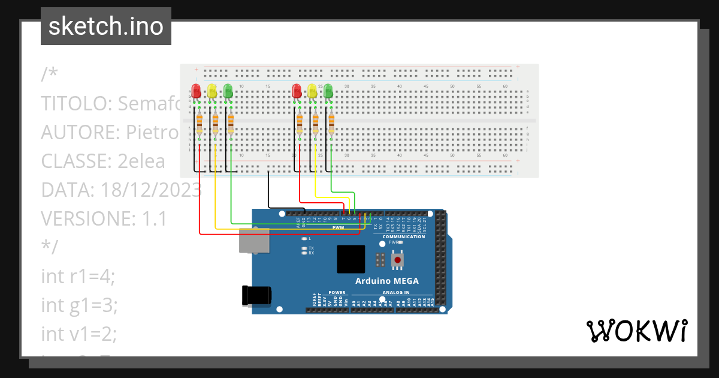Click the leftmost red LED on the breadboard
(x=196, y=91)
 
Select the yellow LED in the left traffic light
(x=212, y=91)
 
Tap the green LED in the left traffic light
(x=228, y=91)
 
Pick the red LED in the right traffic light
(x=296, y=91)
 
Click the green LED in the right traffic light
(x=328, y=91)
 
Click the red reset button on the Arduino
(x=397, y=260)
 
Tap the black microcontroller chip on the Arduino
(x=351, y=259)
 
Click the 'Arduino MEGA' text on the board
(x=386, y=281)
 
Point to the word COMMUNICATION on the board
(x=403, y=236)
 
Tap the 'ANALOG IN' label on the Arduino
(x=396, y=293)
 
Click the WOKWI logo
(x=636, y=331)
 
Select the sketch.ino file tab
(x=106, y=26)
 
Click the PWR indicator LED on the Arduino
(x=400, y=242)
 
